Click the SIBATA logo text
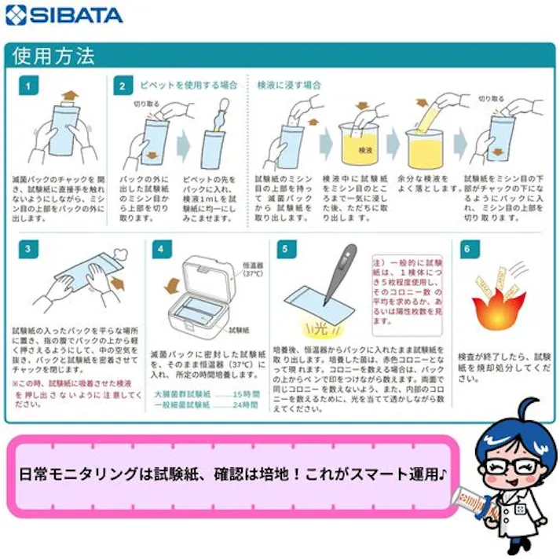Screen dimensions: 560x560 (64, 15)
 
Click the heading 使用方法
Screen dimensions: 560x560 (53, 57)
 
